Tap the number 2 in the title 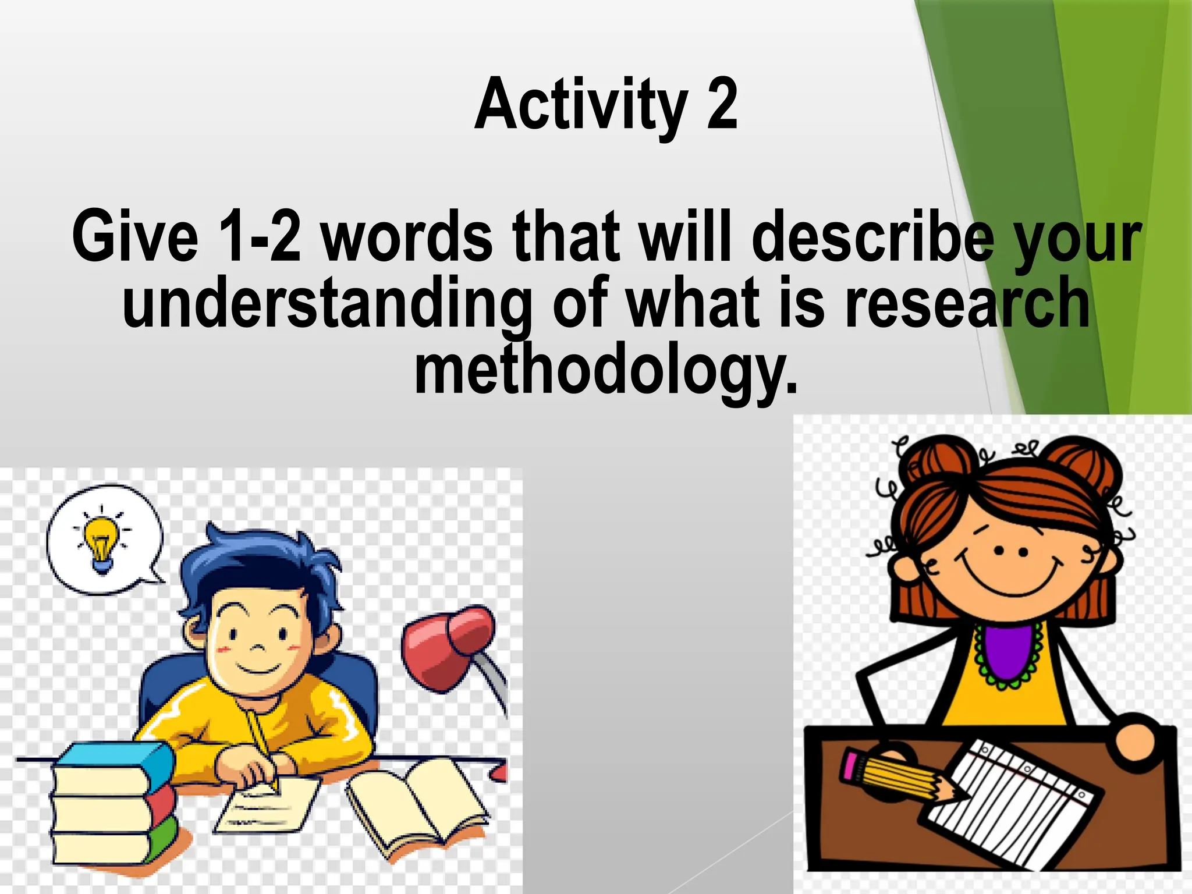point(722,105)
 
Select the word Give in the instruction point(135,237)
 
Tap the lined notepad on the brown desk point(1013,803)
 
